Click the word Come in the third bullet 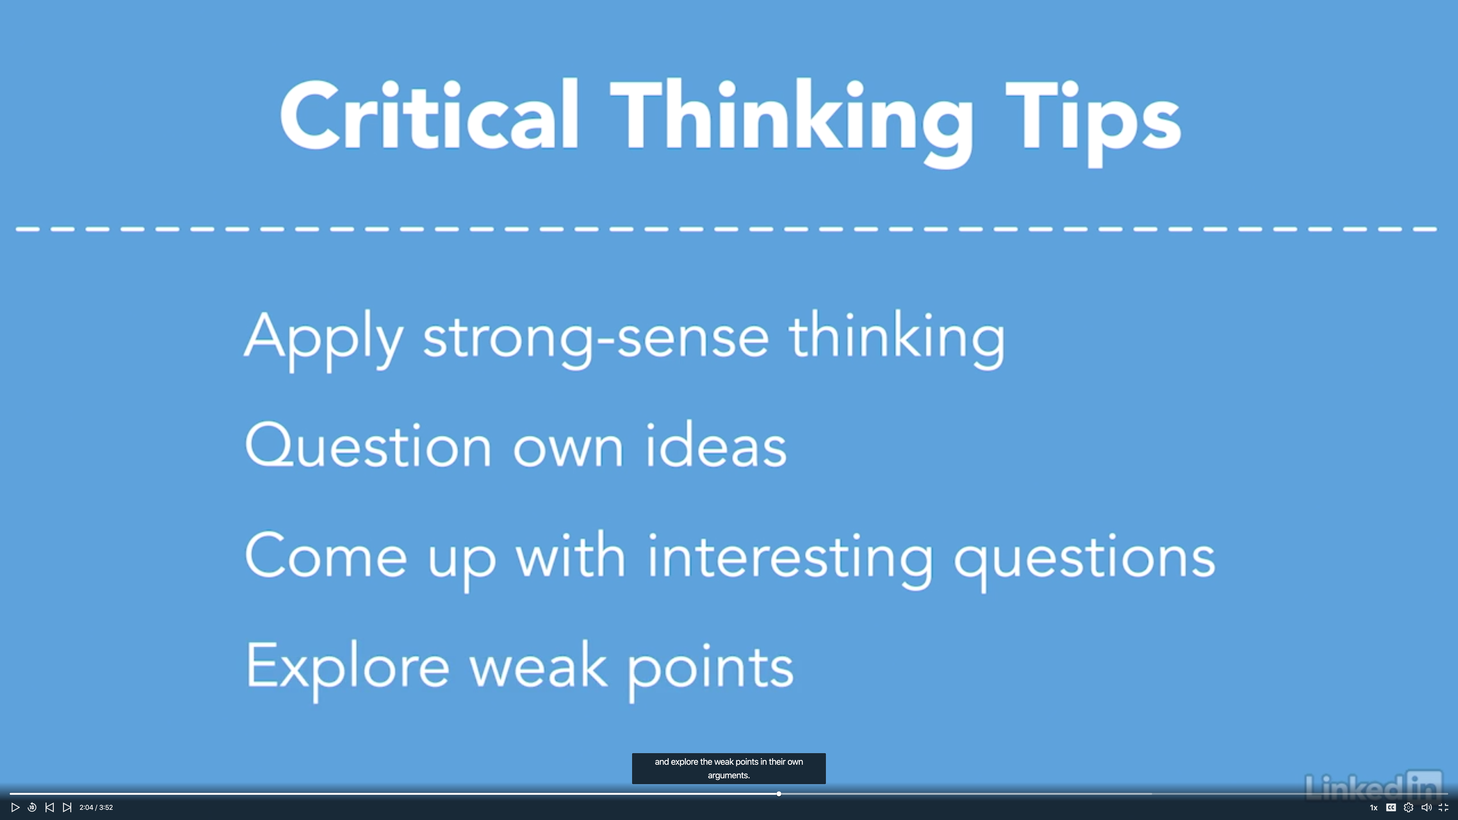pyautogui.click(x=325, y=555)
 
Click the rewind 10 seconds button pyautogui.click(x=32, y=808)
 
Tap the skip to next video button pyautogui.click(x=67, y=808)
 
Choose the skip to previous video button pyautogui.click(x=50, y=808)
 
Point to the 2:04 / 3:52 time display pyautogui.click(x=96, y=808)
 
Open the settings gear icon pyautogui.click(x=1409, y=808)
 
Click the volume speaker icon pyautogui.click(x=1426, y=808)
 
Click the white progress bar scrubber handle pyautogui.click(x=779, y=794)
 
